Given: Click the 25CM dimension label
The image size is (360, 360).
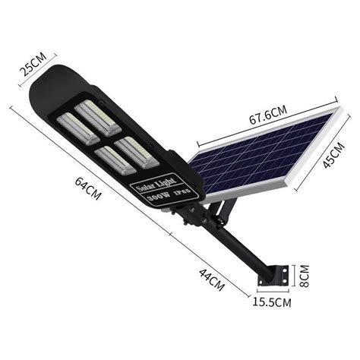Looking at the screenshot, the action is pos(33,65).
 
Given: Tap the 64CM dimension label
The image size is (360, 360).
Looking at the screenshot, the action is pos(88,188).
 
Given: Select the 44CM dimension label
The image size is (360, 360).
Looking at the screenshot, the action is pos(212,280).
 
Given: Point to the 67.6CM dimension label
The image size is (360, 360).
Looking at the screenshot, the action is pos(268,115).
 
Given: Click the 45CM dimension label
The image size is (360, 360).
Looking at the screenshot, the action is pos(333,156).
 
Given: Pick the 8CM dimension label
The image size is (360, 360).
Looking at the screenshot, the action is pos(304,276).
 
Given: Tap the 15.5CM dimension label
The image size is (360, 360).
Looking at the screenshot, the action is pos(272,302).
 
